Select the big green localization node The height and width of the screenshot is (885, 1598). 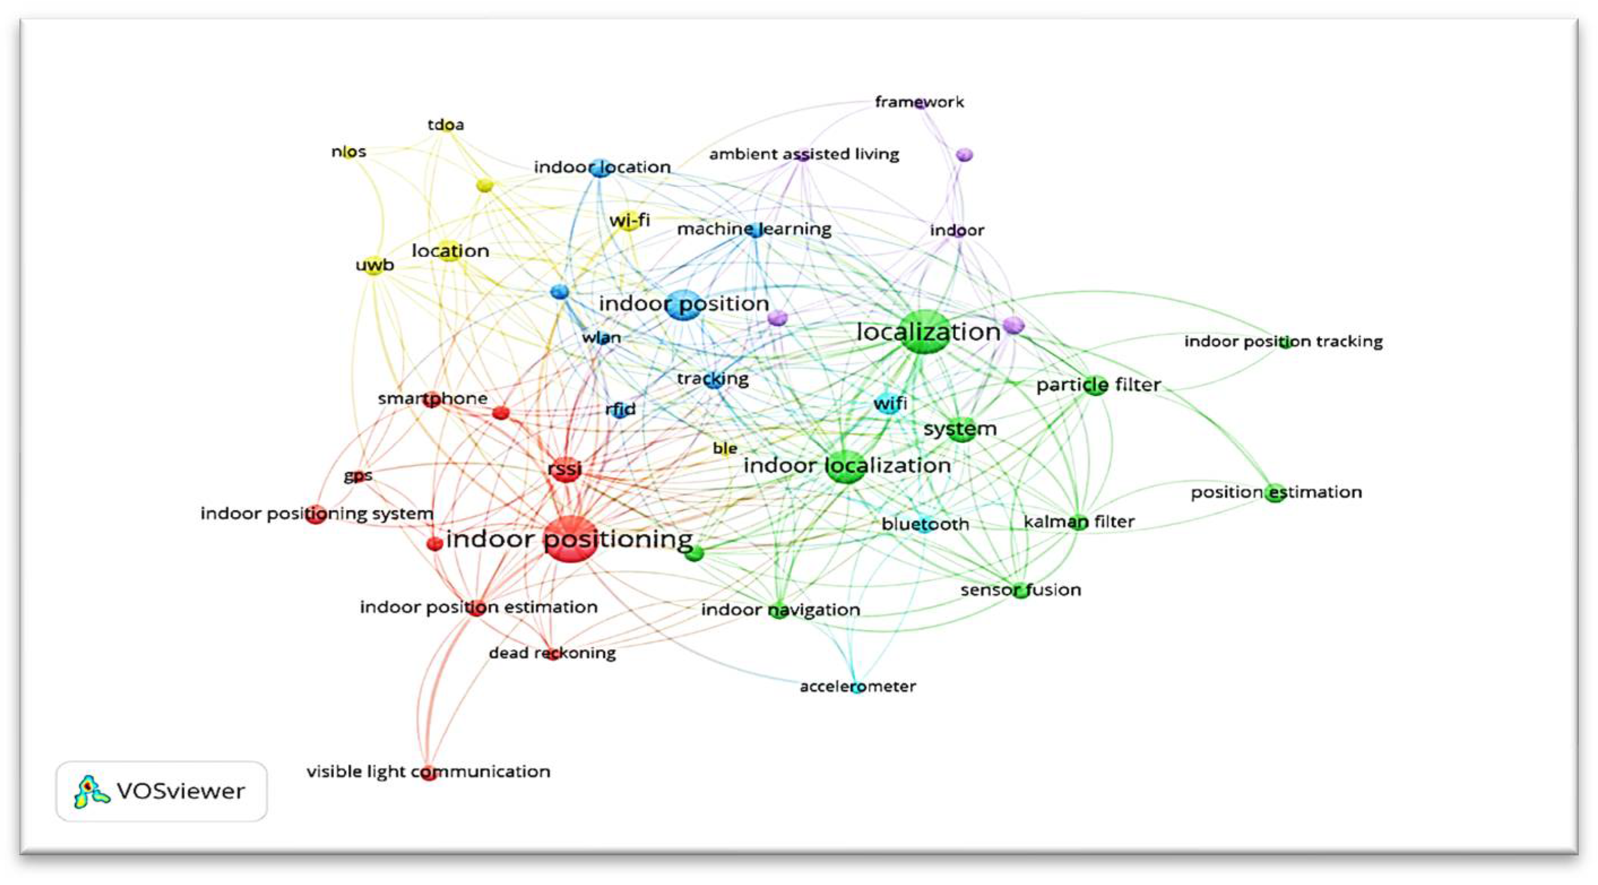[x=925, y=332]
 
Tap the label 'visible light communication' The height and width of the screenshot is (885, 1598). [x=428, y=771]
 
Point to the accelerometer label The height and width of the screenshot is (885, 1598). [x=858, y=687]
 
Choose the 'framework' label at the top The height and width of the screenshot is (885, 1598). [x=919, y=102]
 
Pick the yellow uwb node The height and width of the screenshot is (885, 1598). [x=374, y=266]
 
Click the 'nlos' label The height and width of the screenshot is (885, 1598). [x=349, y=152]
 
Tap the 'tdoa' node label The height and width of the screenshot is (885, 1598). [x=445, y=125]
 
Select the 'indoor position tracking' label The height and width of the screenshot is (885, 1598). [x=1283, y=342]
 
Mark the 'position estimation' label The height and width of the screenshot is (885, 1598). [x=1276, y=492]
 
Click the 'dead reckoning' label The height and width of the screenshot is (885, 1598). [x=552, y=653]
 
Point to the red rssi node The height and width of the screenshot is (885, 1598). [x=565, y=469]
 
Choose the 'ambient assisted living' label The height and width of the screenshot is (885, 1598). [x=804, y=154]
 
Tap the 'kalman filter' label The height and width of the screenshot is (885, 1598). [x=1079, y=521]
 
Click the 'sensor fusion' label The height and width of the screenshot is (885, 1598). [x=1020, y=590]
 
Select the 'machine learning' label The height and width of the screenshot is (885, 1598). [x=753, y=229]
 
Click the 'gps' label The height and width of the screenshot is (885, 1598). [x=358, y=476]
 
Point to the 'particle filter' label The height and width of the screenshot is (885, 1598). [x=1098, y=385]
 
